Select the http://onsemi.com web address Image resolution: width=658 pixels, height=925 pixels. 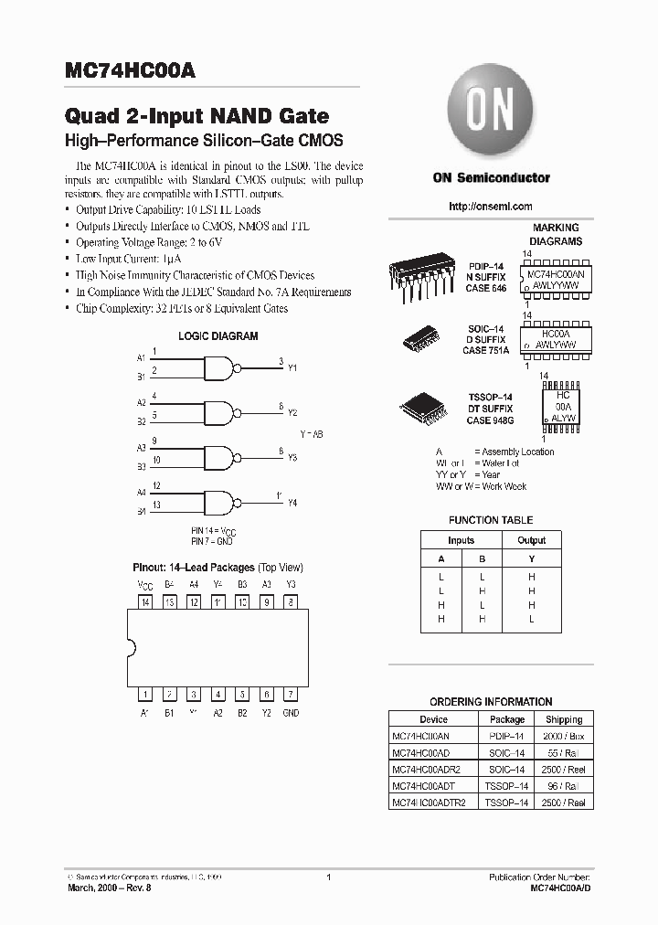[x=491, y=207]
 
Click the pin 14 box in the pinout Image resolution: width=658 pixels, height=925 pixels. [x=145, y=602]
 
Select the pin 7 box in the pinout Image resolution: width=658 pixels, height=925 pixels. [x=290, y=694]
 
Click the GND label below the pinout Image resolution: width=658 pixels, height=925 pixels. [x=290, y=713]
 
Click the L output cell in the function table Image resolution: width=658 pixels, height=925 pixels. [x=531, y=619]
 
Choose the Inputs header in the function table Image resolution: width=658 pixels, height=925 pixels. [x=461, y=540]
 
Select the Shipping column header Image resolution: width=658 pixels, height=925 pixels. [x=564, y=719]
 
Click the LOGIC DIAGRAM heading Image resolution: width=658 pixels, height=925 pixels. [x=218, y=335]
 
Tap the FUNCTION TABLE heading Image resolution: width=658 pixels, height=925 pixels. [x=491, y=520]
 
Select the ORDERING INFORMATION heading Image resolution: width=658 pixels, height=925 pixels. [x=491, y=702]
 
